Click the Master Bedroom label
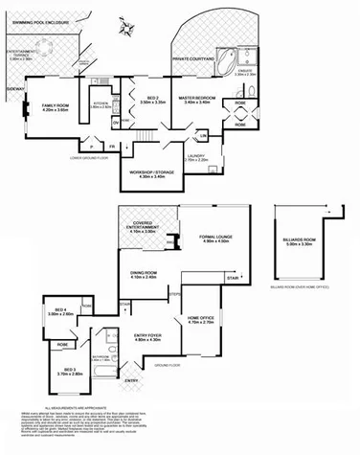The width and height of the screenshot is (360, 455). click(198, 99)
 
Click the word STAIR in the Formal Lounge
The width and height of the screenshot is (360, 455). click(233, 278)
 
